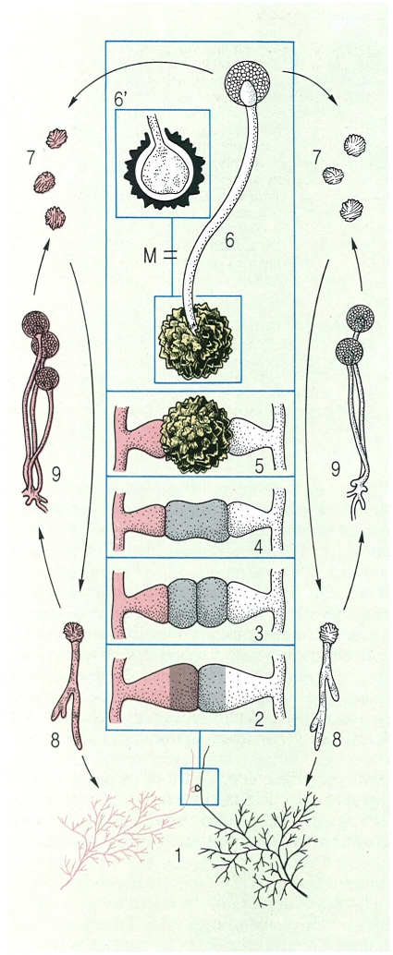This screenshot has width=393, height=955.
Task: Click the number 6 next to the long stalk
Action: (x=229, y=240)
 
